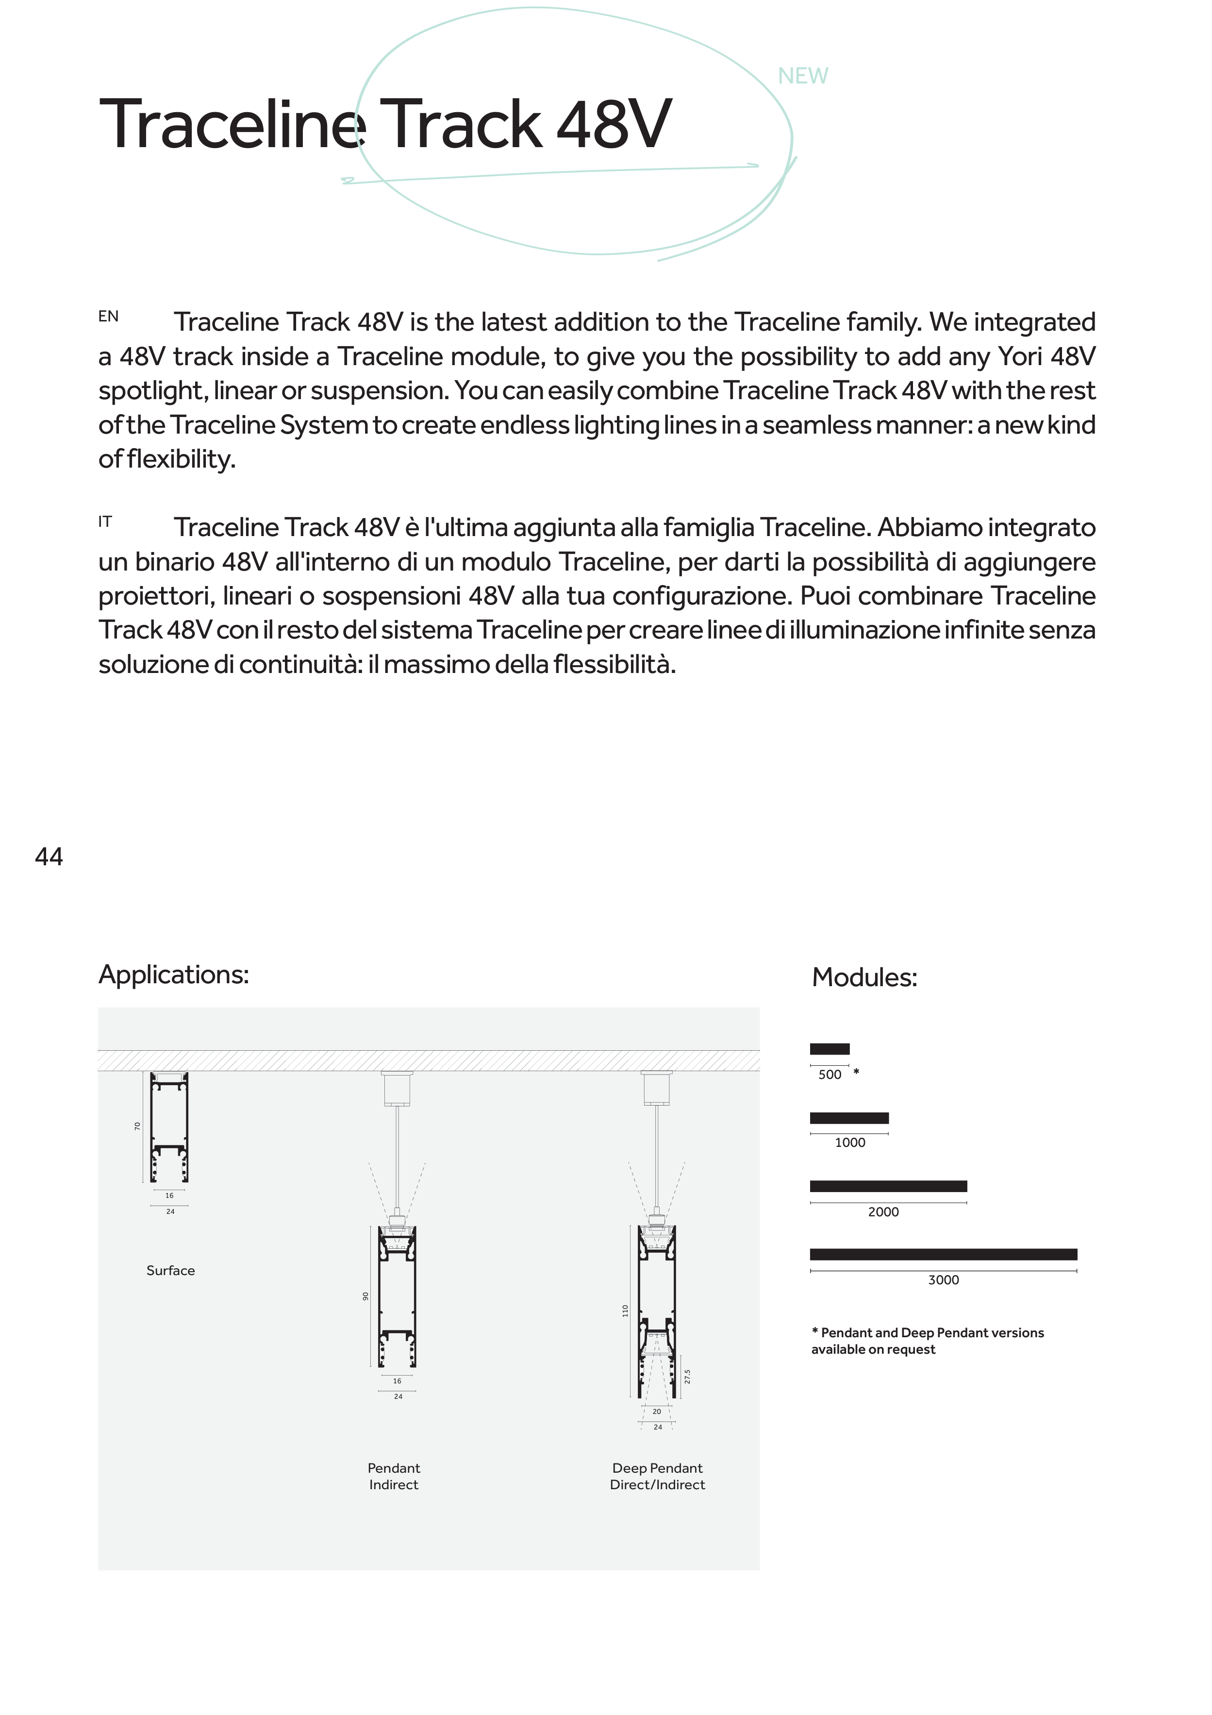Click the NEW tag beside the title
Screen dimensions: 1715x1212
(803, 76)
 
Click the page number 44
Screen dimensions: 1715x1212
(50, 857)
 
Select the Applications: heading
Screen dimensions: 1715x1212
(173, 975)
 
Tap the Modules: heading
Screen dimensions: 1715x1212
(864, 978)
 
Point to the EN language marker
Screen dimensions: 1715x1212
(108, 317)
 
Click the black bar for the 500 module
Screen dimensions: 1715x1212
(829, 1049)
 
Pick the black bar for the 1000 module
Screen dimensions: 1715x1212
(849, 1118)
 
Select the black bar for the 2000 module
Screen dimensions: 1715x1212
(888, 1186)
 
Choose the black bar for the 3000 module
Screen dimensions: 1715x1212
(943, 1254)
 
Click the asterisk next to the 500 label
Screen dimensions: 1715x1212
(857, 1072)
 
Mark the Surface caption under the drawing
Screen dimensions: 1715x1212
(170, 1271)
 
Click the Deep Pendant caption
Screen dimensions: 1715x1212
(657, 1468)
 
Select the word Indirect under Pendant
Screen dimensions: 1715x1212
(394, 1485)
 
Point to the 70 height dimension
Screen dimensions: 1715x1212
(137, 1126)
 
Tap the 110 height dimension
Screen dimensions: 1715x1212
(625, 1311)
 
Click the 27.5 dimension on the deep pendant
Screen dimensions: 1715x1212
(687, 1376)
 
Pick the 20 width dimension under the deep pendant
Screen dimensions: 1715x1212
(656, 1412)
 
